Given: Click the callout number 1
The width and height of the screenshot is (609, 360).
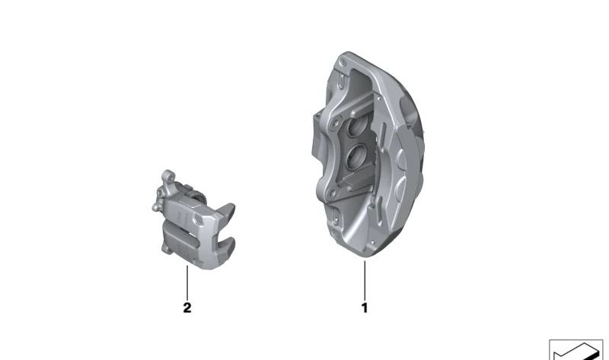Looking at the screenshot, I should tap(364, 308).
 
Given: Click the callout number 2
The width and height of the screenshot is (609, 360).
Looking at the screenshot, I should tap(187, 308).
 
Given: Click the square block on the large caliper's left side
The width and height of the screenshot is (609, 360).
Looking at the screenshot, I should tap(318, 141).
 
